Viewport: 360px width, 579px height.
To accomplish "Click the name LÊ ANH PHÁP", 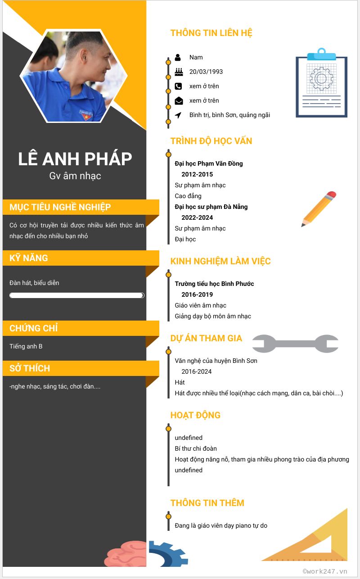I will click(x=75, y=159).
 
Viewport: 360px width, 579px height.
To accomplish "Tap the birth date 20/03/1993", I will click(x=206, y=72).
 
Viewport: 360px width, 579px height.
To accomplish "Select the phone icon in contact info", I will click(x=178, y=86).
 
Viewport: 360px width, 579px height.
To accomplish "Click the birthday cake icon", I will click(x=178, y=72).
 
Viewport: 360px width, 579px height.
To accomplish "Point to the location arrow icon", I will click(x=178, y=115).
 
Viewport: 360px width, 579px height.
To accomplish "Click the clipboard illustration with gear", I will click(x=321, y=84).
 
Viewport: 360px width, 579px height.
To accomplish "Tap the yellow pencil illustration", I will click(x=319, y=209).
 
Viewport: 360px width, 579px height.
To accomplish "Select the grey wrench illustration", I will click(x=295, y=344).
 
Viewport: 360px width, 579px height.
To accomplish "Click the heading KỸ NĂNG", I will click(x=29, y=258).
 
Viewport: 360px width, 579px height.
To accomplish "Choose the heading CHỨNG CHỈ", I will click(x=34, y=328).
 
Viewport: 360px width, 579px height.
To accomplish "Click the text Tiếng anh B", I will click(x=26, y=346).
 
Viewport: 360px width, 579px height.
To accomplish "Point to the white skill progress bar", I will click(x=76, y=295).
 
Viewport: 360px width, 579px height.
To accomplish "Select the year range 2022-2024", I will click(x=197, y=217).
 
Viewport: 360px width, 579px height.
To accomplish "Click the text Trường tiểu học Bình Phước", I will click(x=214, y=284).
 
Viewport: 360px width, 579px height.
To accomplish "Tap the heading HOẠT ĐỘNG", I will click(x=195, y=415).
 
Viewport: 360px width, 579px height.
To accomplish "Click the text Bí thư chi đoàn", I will click(x=196, y=448).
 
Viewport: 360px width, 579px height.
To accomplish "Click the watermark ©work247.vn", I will click(x=325, y=571).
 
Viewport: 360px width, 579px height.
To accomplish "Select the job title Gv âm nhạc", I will click(x=75, y=176).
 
